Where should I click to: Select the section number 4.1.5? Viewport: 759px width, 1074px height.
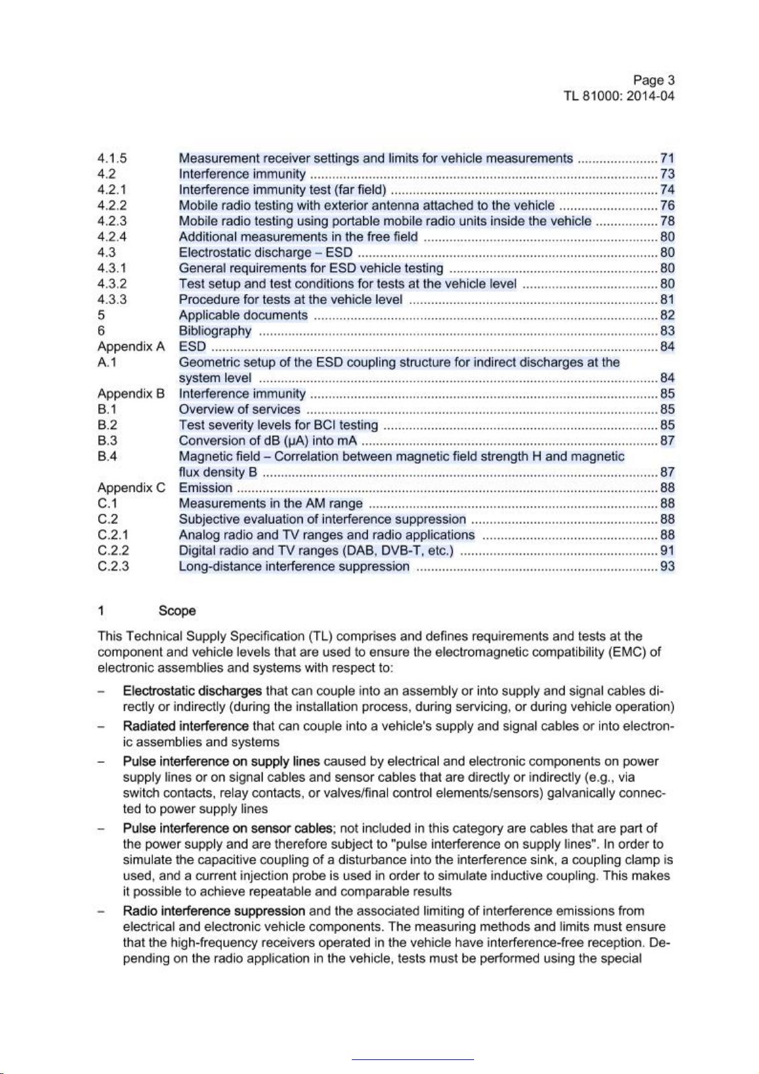click(x=112, y=159)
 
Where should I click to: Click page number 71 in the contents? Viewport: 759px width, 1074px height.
click(x=667, y=159)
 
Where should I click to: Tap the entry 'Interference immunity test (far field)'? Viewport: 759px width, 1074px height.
click(x=282, y=190)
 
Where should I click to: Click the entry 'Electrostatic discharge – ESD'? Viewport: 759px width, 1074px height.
click(x=265, y=252)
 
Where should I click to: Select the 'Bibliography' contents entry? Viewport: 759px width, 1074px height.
click(x=215, y=331)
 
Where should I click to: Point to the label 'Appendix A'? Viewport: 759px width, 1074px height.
click(x=131, y=347)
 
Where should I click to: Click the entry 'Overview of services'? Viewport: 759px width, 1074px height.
click(x=239, y=409)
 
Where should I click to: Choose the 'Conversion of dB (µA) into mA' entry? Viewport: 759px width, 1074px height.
click(x=268, y=441)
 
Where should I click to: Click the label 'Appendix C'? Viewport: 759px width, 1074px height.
click(x=131, y=488)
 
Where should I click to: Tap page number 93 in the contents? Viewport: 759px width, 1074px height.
click(x=667, y=567)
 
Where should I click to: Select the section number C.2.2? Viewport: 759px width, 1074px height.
click(x=113, y=551)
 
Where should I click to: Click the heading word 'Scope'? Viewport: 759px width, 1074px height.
click(x=177, y=611)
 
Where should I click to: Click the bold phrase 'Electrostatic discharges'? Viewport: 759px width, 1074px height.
click(x=192, y=691)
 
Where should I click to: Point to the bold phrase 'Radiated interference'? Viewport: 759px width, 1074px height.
click(x=185, y=726)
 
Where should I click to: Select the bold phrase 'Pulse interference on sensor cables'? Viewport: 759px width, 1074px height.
click(x=228, y=828)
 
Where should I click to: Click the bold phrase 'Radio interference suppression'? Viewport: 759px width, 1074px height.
click(x=213, y=911)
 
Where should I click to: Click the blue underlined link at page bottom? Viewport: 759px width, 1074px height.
click(x=412, y=1059)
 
